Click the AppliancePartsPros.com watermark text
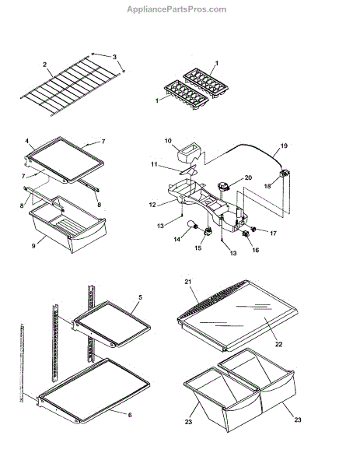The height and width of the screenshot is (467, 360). point(177,9)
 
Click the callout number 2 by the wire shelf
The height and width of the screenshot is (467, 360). point(44,65)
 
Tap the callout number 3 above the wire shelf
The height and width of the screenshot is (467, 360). point(114,57)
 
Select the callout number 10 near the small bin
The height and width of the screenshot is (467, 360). point(168,141)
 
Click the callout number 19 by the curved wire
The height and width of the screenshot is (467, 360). point(284,146)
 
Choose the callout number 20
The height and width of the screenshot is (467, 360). point(248,177)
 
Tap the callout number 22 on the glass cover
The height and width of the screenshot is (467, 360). point(278,344)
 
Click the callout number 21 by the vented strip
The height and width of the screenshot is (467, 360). point(187,282)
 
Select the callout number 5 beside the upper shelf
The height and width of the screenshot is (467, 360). point(141,297)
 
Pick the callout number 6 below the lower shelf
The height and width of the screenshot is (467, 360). point(130,415)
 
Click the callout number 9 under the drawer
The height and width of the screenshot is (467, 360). point(33,246)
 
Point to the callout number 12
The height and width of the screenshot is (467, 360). point(152,205)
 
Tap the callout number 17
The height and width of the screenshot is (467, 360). point(273,233)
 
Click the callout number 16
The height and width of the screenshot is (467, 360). point(256,250)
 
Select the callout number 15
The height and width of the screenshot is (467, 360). point(198,248)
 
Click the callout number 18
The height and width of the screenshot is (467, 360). point(267,186)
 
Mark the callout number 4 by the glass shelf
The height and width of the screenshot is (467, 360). point(27,141)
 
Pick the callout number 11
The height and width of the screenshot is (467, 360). point(154,164)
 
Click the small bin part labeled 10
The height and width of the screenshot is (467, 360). point(187,153)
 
